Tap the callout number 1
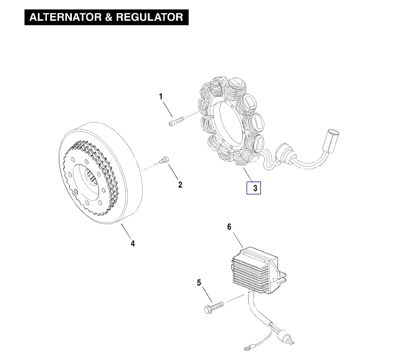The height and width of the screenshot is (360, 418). (x=160, y=96)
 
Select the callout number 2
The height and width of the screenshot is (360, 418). (x=180, y=185)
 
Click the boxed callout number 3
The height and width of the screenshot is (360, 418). (x=255, y=188)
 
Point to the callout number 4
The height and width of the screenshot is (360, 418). (x=133, y=244)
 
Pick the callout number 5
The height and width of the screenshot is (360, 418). (x=199, y=283)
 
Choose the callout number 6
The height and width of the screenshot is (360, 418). (x=230, y=227)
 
